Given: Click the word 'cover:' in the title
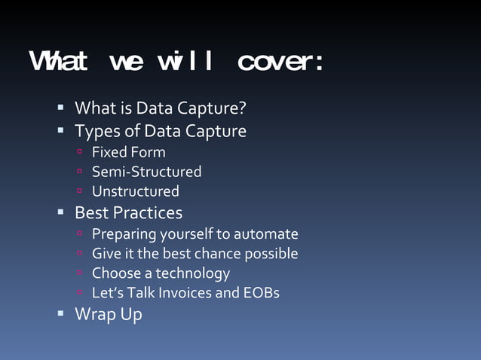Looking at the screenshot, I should click(x=280, y=63).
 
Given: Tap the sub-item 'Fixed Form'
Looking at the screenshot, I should click(x=128, y=152).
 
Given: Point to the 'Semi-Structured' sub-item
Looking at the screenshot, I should click(x=146, y=172).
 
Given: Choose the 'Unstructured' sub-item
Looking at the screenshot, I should click(x=135, y=191).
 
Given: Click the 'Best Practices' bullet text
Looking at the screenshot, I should click(x=128, y=212).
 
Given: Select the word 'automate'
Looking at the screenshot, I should click(x=267, y=234).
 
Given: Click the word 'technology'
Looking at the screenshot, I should click(x=192, y=273).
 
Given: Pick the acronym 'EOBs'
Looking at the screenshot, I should click(x=262, y=293).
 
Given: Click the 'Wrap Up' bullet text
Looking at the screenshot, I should click(x=108, y=314).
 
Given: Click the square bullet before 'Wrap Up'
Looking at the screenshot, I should click(x=61, y=313).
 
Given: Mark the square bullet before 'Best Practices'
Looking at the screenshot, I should click(x=61, y=212).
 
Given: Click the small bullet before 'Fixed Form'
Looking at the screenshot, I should click(x=80, y=153).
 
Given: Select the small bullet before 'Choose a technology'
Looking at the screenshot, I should click(x=80, y=273).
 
